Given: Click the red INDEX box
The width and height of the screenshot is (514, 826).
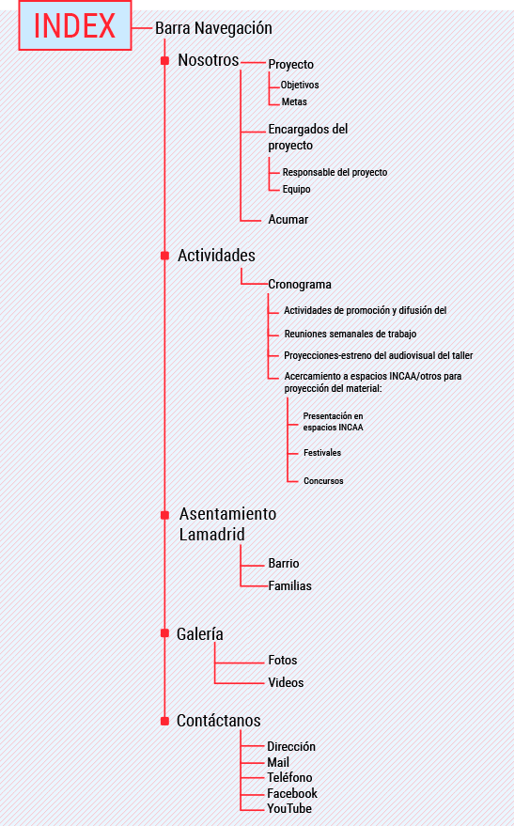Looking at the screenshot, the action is pos(75,25).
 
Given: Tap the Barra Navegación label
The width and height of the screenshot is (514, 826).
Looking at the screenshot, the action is pos(213,28).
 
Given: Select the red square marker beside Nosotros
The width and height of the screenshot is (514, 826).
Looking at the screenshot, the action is pos(164,60).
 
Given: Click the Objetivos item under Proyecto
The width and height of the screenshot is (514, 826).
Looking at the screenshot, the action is pos(300,85).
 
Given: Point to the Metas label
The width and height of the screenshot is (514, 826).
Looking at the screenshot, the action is pos(294,101).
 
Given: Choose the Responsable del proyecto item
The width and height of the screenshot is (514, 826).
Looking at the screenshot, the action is pos(335,172).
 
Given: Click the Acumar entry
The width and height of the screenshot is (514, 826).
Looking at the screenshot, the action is pos(288,219).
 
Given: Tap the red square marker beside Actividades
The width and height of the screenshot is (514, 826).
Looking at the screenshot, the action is pos(164,256).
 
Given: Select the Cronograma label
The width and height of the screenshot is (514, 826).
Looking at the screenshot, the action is pos(300,285).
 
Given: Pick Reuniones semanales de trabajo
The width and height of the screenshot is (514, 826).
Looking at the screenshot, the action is pos(350,334).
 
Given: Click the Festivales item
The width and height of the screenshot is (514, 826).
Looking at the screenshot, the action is pos(322,453).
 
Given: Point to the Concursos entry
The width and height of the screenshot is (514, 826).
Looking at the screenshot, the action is pos(323,481).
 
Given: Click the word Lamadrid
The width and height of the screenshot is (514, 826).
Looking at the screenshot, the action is pos(211,534).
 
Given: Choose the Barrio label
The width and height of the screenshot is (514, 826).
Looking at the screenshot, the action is pos(284,563).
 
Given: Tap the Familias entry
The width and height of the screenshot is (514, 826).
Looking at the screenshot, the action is pos(289,585).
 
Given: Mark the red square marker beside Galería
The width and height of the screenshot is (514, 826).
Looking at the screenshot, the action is pos(164,632).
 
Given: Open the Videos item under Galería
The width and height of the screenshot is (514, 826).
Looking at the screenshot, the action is pos(286,683).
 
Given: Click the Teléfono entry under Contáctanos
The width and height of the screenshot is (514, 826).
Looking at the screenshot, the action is pos(289,777).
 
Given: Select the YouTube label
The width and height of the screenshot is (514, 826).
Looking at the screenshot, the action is pos(289,809).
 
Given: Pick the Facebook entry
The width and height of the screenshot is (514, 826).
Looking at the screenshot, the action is pos(291,793).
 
